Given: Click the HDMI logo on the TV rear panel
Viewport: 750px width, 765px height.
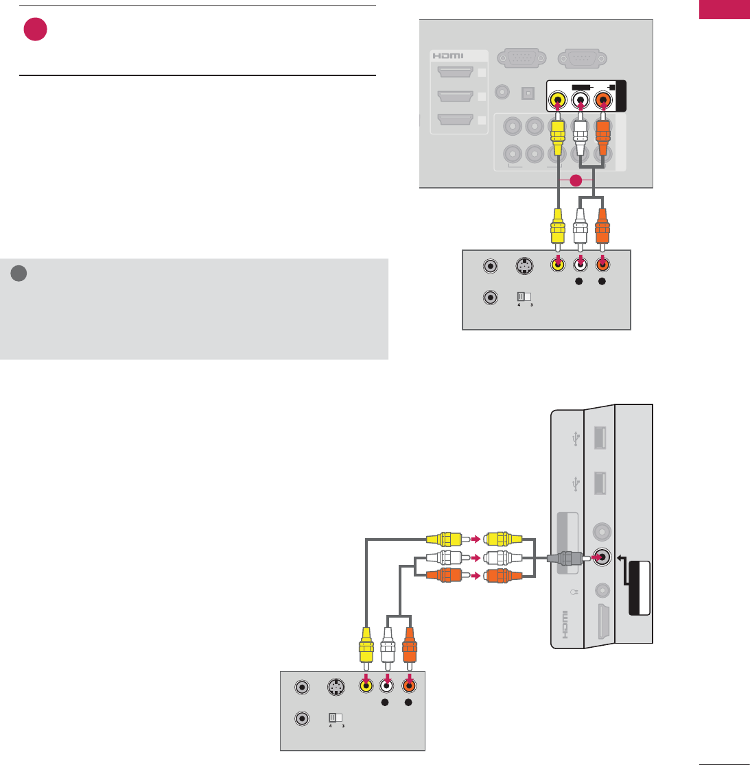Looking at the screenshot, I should (x=447, y=56).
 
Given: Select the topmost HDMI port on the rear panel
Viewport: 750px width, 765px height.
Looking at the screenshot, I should (x=455, y=72).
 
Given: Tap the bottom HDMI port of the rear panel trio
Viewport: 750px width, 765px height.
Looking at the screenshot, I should (x=455, y=120).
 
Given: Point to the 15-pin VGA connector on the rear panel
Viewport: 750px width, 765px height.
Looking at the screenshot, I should (x=521, y=58).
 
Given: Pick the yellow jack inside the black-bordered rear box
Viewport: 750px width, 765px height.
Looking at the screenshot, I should (x=559, y=99).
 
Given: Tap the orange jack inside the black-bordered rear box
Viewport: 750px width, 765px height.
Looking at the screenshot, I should (x=604, y=99).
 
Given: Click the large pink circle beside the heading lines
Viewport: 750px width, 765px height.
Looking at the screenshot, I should (x=35, y=29).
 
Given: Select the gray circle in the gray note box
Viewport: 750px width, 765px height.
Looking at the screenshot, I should (x=19, y=273).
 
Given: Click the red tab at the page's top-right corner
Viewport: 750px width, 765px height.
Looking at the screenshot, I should (x=724, y=10).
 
